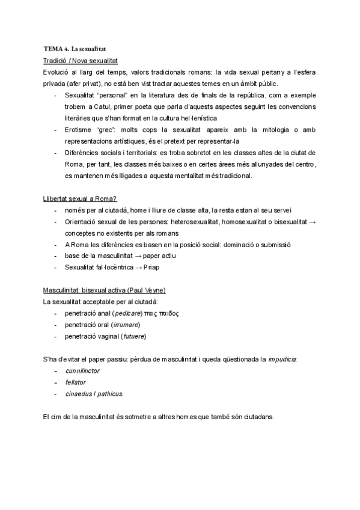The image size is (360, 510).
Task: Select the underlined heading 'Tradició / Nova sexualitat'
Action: (81, 61)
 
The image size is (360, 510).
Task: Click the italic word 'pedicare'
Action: (127, 313)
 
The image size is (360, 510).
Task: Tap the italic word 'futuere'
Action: (134, 336)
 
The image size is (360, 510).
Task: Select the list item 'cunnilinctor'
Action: (82, 371)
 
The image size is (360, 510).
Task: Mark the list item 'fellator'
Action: (76, 382)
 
